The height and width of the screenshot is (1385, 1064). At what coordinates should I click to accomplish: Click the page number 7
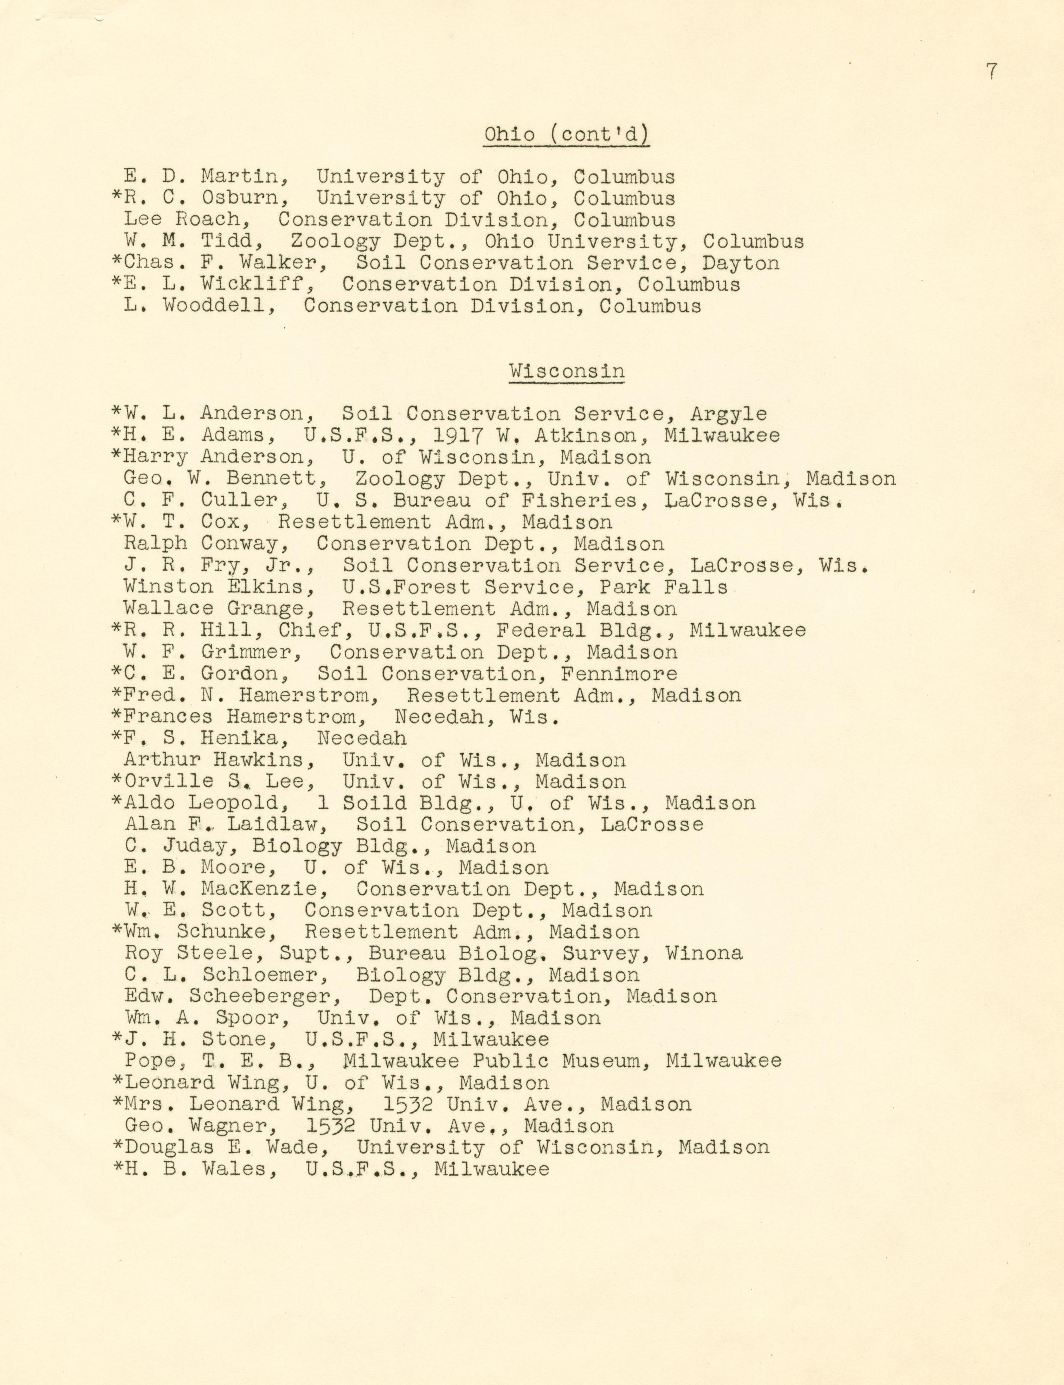(x=991, y=71)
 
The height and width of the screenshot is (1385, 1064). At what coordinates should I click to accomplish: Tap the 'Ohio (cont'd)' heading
(x=567, y=134)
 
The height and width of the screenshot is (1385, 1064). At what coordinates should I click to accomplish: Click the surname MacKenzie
(x=265, y=889)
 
